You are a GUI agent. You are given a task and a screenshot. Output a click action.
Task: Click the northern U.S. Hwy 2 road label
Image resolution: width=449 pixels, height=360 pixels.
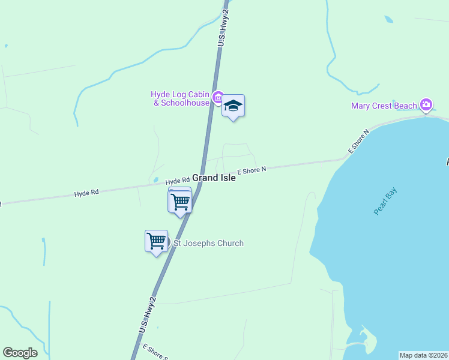(223, 28)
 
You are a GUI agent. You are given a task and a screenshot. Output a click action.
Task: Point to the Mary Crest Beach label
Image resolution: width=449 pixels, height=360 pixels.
(384, 106)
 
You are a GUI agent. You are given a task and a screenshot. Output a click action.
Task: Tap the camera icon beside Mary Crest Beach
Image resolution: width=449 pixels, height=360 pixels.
(426, 106)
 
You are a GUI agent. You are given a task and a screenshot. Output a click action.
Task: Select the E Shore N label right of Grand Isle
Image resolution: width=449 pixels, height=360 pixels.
(252, 171)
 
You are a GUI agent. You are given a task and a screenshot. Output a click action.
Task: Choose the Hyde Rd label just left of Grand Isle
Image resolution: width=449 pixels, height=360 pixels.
(178, 180)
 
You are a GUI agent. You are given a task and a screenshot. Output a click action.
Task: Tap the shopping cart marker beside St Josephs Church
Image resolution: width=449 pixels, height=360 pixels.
(157, 241)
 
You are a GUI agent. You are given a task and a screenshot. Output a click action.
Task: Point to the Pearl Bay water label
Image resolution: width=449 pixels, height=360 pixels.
(385, 202)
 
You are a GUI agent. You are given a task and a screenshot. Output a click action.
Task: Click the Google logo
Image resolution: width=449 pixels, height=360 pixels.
(20, 353)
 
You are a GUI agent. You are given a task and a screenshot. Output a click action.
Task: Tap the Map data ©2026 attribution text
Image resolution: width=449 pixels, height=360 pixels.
(423, 355)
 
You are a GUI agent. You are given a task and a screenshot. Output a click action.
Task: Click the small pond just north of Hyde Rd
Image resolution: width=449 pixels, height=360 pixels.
(155, 179)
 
